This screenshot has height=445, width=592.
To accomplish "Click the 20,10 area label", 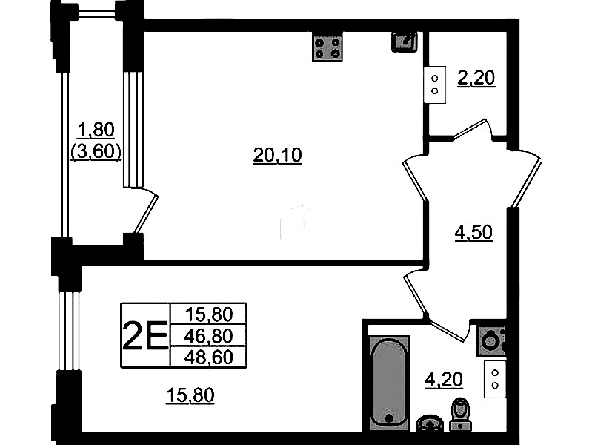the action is (278, 156).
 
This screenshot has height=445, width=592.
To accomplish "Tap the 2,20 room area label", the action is (476, 79).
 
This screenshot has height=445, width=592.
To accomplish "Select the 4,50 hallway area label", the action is (473, 233).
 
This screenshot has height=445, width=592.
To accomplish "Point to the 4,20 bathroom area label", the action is (444, 379).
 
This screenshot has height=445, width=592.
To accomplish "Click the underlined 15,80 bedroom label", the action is (190, 395).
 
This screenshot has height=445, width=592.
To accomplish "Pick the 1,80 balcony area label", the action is (96, 130).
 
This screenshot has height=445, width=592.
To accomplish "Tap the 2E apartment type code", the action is (145, 335).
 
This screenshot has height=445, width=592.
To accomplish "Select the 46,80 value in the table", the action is (208, 335).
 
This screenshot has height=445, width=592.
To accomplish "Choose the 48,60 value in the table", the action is (208, 357).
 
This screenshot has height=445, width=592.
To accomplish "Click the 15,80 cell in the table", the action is (209, 314).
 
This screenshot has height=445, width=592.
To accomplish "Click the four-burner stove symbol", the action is (327, 47).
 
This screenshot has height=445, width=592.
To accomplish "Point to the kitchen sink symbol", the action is (405, 42).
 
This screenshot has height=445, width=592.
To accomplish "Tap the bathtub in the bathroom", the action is (390, 383).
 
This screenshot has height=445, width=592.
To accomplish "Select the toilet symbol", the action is (460, 415).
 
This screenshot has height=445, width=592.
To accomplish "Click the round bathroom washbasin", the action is (430, 423).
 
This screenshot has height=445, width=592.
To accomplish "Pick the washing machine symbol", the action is (491, 341).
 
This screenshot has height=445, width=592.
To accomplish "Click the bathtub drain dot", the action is (389, 418).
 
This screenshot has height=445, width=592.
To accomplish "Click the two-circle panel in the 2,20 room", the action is (435, 85).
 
